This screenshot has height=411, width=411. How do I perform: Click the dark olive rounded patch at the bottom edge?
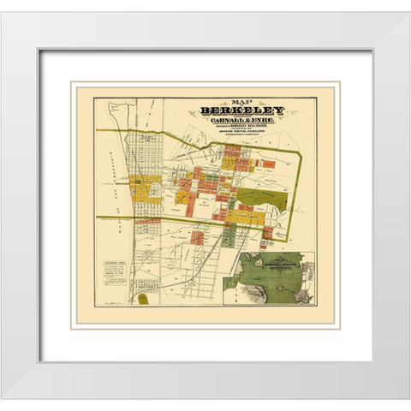click(x=142, y=300)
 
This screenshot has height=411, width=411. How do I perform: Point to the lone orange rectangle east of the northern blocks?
click(x=268, y=164)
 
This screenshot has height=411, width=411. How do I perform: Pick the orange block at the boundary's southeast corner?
click(x=267, y=232)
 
